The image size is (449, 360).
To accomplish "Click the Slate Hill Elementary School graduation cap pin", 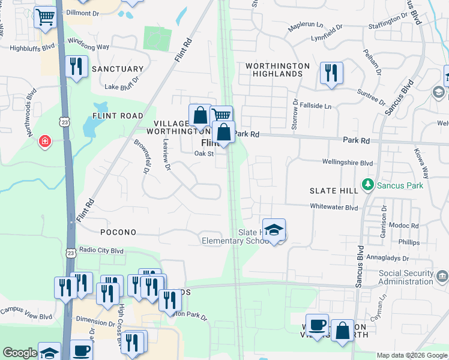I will pyautogui.click(x=274, y=230).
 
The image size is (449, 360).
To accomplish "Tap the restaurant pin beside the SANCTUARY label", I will pyautogui.click(x=76, y=67).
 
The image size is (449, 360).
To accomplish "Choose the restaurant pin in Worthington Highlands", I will pyautogui.click(x=331, y=73).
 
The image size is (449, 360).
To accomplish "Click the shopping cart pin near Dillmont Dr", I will pyautogui.click(x=45, y=18).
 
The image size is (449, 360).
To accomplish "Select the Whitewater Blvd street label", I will pyautogui.click(x=334, y=208).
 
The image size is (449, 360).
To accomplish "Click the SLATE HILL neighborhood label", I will pyautogui.click(x=334, y=190).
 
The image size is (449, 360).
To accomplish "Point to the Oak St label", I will pyautogui.click(x=203, y=154).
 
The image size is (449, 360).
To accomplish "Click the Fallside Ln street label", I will pyautogui.click(x=316, y=106).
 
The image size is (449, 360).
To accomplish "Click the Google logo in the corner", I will pyautogui.click(x=20, y=353).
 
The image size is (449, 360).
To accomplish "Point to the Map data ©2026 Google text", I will pyautogui.click(x=412, y=355).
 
